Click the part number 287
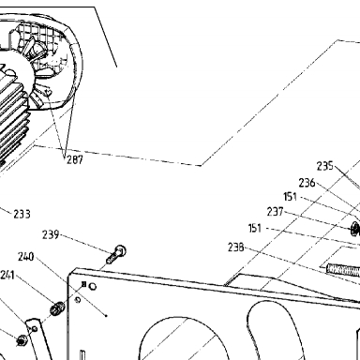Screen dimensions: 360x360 coord(75,159)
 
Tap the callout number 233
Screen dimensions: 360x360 coord(22,214)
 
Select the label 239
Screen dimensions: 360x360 coord(51,234)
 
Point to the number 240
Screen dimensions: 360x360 coord(26,257)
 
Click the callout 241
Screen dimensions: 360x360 coord(7,276)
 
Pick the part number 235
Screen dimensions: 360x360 coord(325,166)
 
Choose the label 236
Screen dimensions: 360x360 coord(307,183)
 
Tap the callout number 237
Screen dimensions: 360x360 coord(275,212)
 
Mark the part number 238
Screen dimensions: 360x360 coord(236,247)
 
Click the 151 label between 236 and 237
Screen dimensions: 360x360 coord(290,197)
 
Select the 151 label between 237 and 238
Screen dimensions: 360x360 coord(255,228)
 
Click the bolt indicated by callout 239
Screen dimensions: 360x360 coord(116,254)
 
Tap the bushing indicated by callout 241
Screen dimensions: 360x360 coord(57,308)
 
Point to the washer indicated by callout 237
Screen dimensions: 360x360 coord(356,229)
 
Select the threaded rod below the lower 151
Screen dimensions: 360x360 coord(343,269)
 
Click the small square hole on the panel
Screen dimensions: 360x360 coord(83,284)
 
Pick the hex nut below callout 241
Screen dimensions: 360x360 coord(22,340)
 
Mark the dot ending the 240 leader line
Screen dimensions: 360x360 coord(106,316)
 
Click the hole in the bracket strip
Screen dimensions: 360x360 coord(35,329)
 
